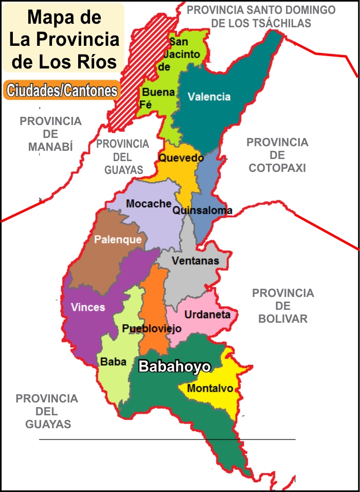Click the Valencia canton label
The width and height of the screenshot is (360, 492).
[209, 97]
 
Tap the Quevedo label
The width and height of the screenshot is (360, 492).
[181, 158]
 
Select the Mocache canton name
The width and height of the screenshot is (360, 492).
[149, 204]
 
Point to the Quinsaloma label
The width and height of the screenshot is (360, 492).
[202, 210]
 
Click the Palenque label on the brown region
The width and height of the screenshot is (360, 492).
[118, 240]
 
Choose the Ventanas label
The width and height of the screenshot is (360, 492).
[195, 261]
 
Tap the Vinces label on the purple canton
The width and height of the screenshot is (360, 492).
[88, 307]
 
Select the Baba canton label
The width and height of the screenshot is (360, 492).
[113, 362]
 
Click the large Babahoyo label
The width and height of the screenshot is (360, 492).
[175, 367]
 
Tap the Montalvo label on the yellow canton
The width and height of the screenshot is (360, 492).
[210, 389]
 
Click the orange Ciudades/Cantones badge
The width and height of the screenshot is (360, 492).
[61, 91]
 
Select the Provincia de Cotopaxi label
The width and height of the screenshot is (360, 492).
[277, 155]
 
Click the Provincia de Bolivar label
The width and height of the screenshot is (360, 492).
[283, 306]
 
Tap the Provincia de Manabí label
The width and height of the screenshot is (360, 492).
[50, 134]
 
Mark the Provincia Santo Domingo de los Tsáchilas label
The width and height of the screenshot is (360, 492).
[261, 16]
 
